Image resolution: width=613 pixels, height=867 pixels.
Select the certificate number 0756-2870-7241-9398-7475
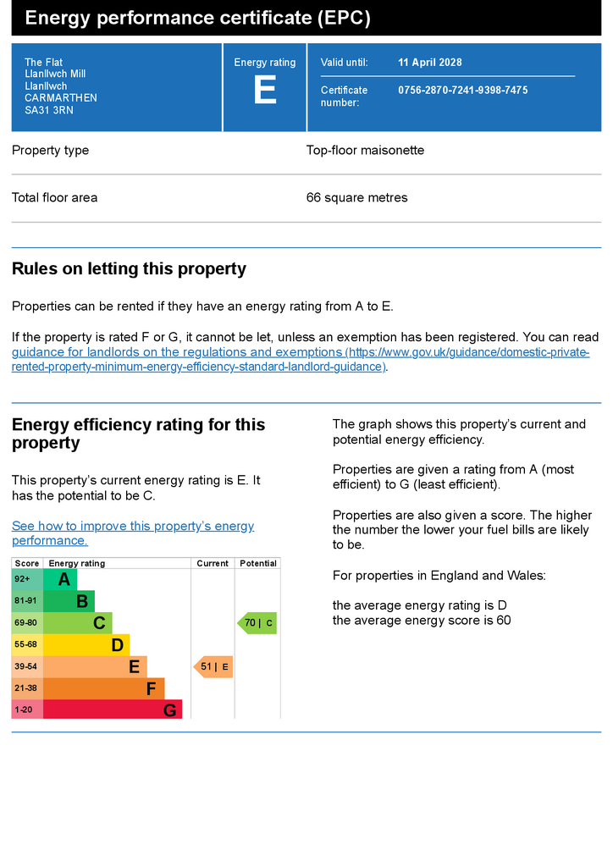click(x=462, y=90)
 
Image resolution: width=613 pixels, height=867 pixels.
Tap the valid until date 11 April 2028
click(x=430, y=63)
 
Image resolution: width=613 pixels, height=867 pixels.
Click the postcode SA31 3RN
click(x=49, y=110)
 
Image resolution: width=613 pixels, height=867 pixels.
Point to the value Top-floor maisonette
click(x=365, y=151)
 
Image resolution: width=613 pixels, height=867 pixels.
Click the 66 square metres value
click(x=356, y=198)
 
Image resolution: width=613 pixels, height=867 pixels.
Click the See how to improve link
click(x=133, y=533)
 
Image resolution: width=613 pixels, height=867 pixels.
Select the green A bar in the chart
click(x=60, y=580)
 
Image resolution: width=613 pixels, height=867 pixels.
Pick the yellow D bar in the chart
click(x=86, y=645)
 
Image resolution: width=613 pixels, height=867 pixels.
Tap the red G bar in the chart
click(x=113, y=710)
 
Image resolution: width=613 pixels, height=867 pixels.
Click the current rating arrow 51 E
click(x=213, y=667)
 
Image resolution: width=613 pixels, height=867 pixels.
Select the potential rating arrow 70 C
click(x=257, y=624)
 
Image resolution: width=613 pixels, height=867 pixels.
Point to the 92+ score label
click(x=23, y=579)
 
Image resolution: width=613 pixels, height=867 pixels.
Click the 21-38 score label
click(x=25, y=688)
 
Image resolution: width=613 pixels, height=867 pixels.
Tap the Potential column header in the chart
click(x=258, y=563)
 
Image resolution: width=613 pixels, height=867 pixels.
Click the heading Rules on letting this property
click(x=129, y=269)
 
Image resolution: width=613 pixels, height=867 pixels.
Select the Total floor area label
click(x=54, y=198)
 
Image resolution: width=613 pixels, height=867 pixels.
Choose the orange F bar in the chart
click(x=103, y=688)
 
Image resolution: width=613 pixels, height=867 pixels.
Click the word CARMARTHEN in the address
click(x=61, y=98)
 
